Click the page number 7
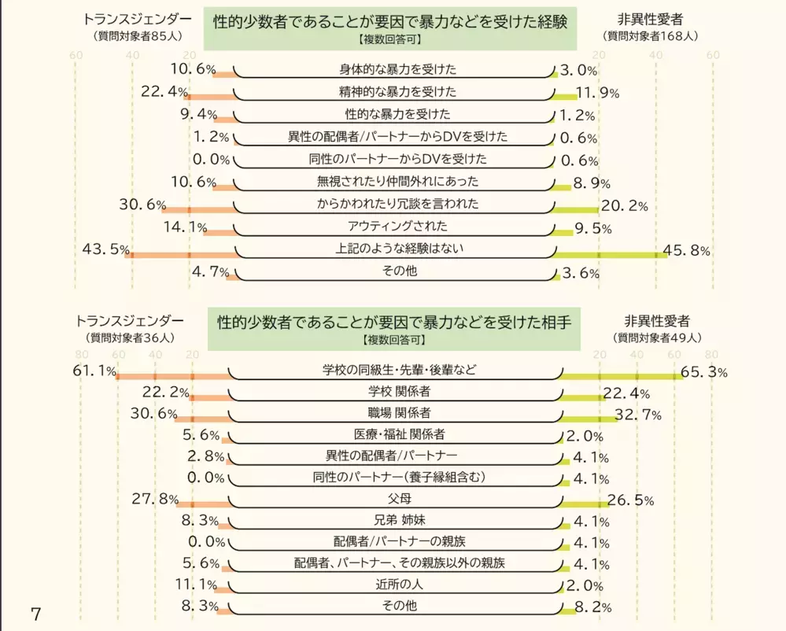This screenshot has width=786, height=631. (34, 613)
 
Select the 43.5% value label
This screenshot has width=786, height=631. (105, 249)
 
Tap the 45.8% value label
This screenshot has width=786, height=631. (687, 251)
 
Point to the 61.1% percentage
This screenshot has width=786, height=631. (94, 371)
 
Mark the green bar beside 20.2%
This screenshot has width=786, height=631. (575, 210)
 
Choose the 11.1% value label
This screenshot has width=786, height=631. (195, 584)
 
